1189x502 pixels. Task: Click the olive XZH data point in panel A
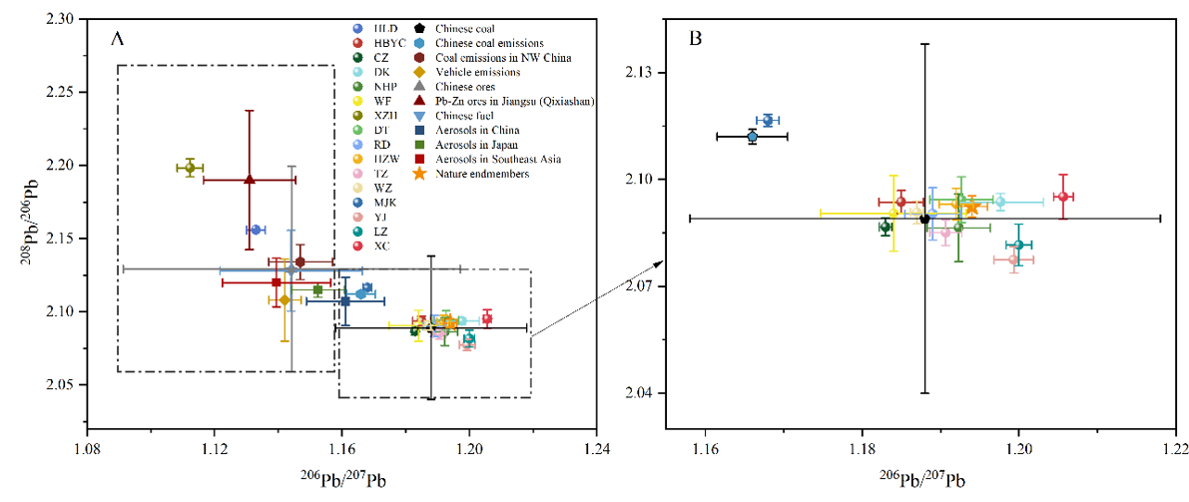pyautogui.click(x=190, y=168)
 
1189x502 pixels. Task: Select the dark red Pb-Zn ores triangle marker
pyautogui.click(x=250, y=180)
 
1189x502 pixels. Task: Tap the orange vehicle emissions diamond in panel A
pyautogui.click(x=285, y=299)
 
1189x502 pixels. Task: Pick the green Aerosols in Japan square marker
pyautogui.click(x=317, y=289)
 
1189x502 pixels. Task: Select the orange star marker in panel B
pyautogui.click(x=971, y=207)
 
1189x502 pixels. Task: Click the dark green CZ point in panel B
pyautogui.click(x=885, y=227)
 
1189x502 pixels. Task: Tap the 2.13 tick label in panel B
pyautogui.click(x=668, y=74)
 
